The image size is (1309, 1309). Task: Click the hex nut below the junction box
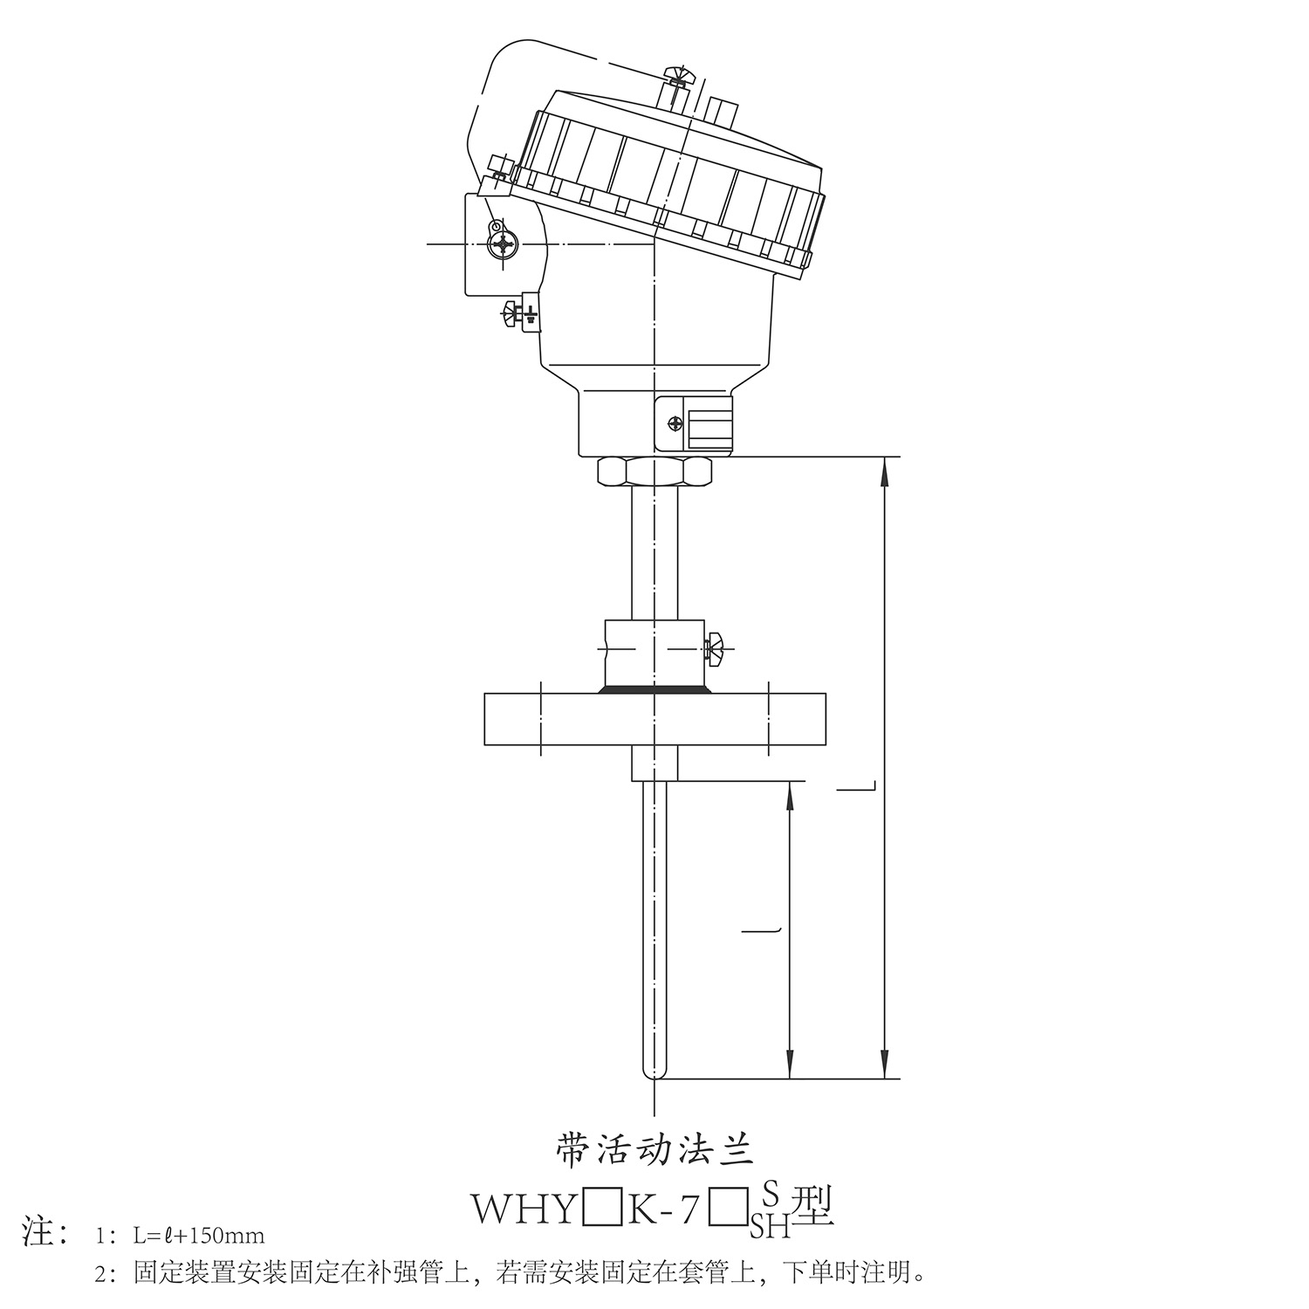[x=654, y=473]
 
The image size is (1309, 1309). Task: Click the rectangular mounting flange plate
[x=654, y=720]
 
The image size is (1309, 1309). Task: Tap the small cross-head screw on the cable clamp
[x=675, y=423]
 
